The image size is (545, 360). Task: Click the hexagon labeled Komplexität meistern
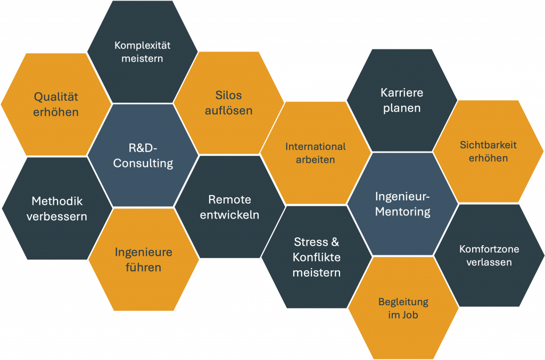pyautogui.click(x=142, y=52)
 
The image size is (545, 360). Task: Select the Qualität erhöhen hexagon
pyautogui.click(x=56, y=104)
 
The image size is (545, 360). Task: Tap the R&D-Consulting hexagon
pyautogui.click(x=143, y=155)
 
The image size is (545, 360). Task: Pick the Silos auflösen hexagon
pyautogui.click(x=228, y=103)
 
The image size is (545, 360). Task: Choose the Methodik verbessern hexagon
pyautogui.click(x=57, y=208)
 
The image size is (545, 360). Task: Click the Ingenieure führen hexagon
pyautogui.click(x=144, y=259)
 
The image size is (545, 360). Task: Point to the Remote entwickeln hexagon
pyautogui.click(x=229, y=207)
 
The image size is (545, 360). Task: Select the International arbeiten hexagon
pyautogui.click(x=316, y=152)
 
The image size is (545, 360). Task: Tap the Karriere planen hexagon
pyautogui.click(x=402, y=100)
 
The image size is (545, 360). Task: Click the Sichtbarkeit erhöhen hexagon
pyautogui.click(x=488, y=151)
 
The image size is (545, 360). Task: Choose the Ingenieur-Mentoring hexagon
pyautogui.click(x=402, y=204)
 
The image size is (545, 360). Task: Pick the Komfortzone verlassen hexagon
pyautogui.click(x=489, y=255)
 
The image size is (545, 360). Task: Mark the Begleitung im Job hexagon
pyautogui.click(x=403, y=308)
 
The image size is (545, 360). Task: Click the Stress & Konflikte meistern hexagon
pyautogui.click(x=317, y=257)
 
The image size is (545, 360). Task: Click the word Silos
pyautogui.click(x=228, y=96)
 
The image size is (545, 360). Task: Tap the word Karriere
pyautogui.click(x=402, y=93)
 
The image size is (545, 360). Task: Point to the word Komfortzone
pyautogui.click(x=489, y=249)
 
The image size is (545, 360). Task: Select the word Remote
pyautogui.click(x=229, y=199)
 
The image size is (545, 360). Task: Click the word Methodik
pyautogui.click(x=57, y=202)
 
